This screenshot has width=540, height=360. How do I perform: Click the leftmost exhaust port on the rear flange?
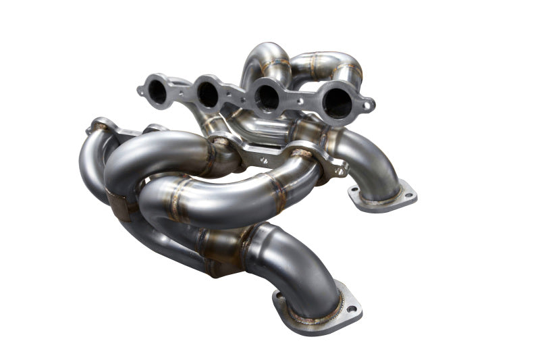tap(157, 91)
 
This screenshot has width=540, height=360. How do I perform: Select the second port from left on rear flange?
tap(208, 95)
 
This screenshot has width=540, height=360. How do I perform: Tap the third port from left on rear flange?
tap(268, 99)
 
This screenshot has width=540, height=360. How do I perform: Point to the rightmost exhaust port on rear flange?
tap(335, 103)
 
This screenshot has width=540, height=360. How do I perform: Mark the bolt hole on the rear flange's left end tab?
tap(142, 88)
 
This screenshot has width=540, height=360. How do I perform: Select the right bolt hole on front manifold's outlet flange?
tap(352, 309)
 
